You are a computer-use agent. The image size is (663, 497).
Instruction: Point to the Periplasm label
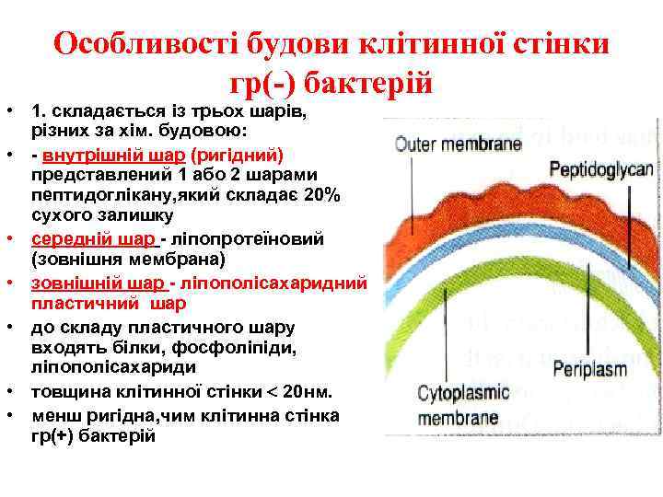(589, 370)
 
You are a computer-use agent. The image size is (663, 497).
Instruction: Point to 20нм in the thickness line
(305, 392)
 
